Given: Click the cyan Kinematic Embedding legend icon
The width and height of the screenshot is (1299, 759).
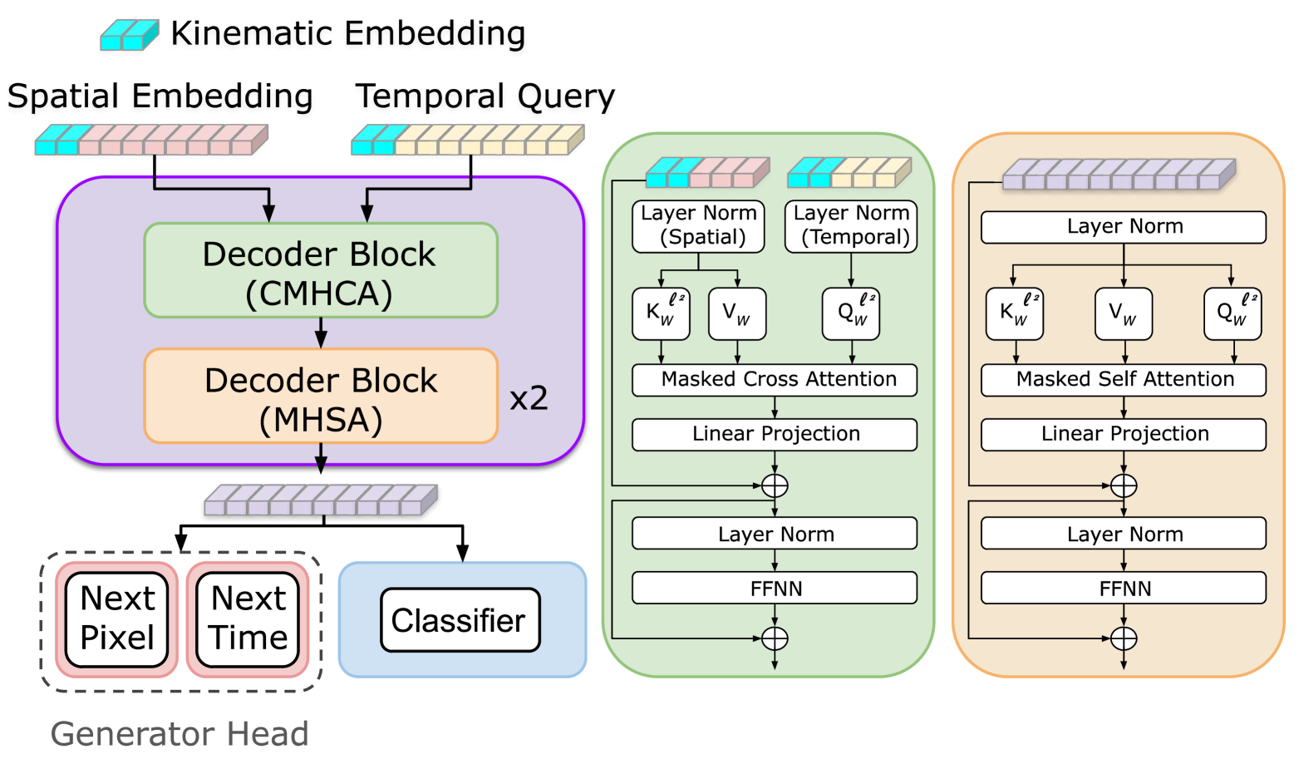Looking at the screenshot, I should (x=129, y=36).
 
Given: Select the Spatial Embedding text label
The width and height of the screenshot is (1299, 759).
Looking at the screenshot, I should (x=160, y=96).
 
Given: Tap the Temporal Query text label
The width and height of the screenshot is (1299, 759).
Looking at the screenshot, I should (x=485, y=96).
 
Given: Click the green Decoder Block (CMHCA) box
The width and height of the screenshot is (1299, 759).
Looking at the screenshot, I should (x=320, y=271).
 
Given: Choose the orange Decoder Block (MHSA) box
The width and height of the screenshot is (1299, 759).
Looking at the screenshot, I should (x=320, y=397).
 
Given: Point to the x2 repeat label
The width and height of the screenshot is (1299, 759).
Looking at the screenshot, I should (x=529, y=399).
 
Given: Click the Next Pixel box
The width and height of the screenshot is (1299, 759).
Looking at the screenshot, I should (x=117, y=619).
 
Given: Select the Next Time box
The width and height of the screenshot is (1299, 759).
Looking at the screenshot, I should (x=248, y=619).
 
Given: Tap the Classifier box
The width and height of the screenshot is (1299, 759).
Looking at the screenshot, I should (x=460, y=620).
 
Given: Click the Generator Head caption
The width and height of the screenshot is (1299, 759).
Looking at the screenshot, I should (x=180, y=734).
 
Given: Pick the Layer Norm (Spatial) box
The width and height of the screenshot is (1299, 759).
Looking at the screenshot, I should (x=698, y=225).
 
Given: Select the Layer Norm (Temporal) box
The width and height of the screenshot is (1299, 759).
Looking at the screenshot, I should (x=851, y=225).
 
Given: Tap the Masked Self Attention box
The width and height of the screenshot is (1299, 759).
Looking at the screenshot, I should (x=1124, y=380).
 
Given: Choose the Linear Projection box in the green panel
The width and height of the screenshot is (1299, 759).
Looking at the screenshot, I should (x=775, y=434).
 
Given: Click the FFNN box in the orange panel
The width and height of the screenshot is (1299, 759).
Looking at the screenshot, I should (x=1124, y=589).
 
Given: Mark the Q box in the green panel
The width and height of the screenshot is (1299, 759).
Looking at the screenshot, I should (x=851, y=313).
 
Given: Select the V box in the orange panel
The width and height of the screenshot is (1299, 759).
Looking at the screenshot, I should (x=1124, y=313).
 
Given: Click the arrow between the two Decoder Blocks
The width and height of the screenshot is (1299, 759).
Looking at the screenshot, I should (x=321, y=333).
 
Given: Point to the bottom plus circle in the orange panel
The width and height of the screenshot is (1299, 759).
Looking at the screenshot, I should (x=1124, y=638).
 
